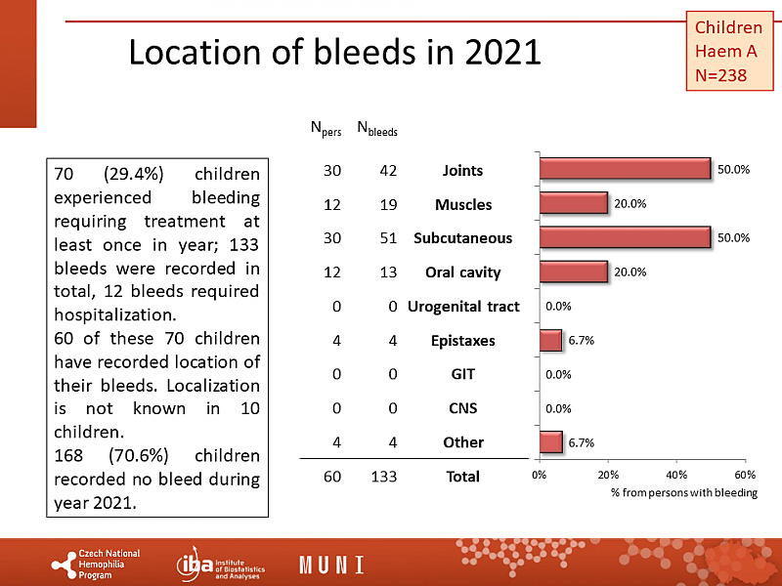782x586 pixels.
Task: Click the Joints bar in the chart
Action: [624, 169]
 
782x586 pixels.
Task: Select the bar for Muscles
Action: [573, 204]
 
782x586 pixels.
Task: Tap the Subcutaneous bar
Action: [624, 237]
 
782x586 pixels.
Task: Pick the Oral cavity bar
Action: [573, 272]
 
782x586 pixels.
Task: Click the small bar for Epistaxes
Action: [550, 340]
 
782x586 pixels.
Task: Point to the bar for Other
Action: [550, 441]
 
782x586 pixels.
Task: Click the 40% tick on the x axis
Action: [675, 475]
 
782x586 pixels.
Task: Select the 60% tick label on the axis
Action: [744, 475]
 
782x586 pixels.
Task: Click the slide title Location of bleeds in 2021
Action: [335, 52]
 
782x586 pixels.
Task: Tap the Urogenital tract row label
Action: [463, 307]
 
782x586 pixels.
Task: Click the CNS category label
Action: [463, 408]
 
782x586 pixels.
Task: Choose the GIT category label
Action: [463, 374]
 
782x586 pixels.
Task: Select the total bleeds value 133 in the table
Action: [383, 477]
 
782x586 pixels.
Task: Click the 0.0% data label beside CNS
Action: [558, 408]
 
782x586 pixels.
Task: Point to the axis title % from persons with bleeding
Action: [683, 492]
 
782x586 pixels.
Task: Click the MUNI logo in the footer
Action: [331, 565]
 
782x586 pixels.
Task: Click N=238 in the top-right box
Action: [724, 72]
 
